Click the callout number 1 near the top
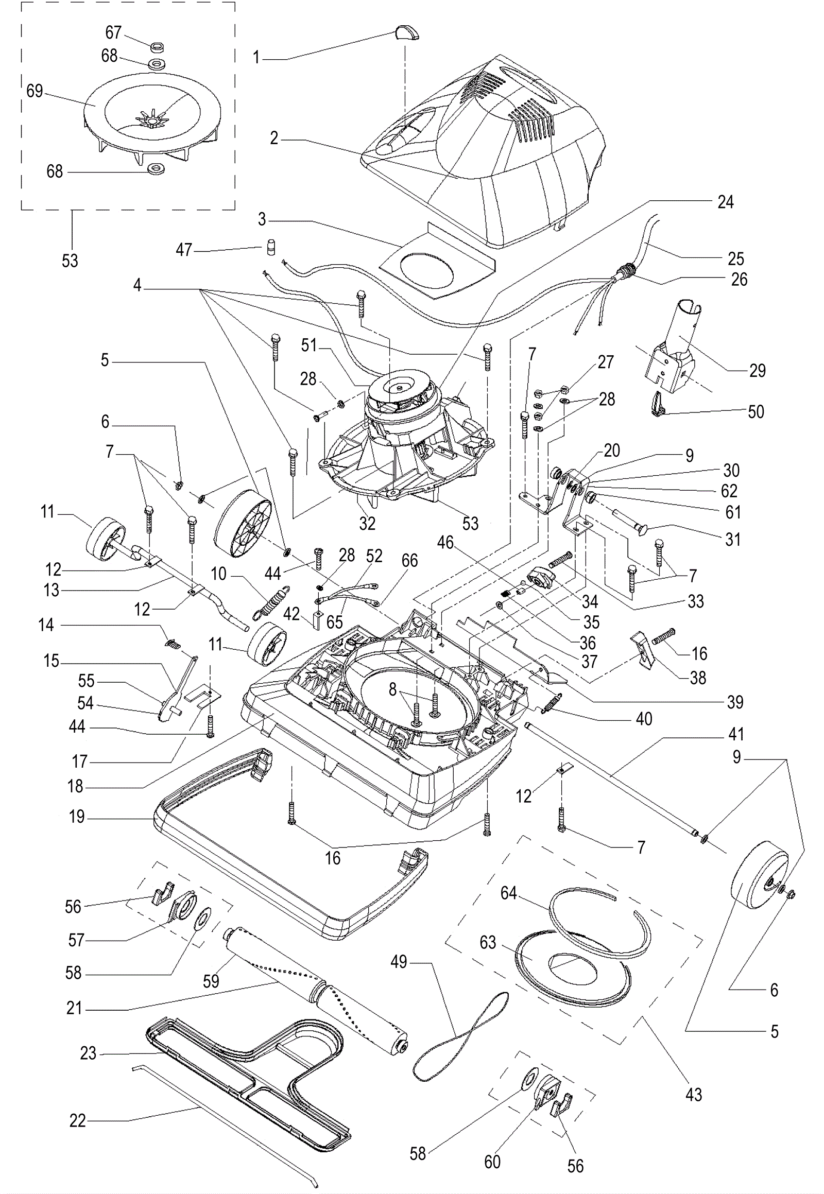(256, 58)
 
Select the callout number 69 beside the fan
(35, 91)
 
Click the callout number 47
(184, 250)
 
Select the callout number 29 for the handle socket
(758, 371)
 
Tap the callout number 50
(756, 411)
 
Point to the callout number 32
(367, 524)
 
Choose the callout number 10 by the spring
(219, 574)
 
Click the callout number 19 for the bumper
(77, 817)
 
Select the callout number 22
(78, 1121)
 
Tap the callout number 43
(694, 1094)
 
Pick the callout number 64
(508, 892)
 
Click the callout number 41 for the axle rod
(736, 734)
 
